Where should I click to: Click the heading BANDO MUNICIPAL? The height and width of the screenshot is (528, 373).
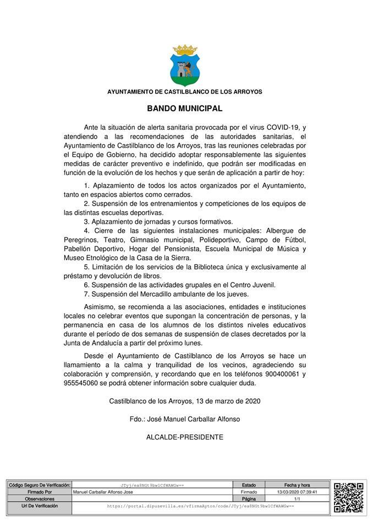[185, 109]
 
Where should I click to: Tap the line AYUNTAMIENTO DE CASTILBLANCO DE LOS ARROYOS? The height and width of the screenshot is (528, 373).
[185, 91]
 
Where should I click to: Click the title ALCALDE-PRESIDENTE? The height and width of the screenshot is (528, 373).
[185, 437]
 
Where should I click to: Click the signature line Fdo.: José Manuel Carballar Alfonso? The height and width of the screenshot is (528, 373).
[185, 419]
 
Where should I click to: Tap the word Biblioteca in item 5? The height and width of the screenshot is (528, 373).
[212, 267]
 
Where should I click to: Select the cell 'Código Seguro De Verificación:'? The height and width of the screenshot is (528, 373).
[39, 485]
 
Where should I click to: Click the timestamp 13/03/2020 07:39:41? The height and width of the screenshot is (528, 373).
[297, 492]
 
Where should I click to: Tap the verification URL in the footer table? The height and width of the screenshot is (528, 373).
[200, 505]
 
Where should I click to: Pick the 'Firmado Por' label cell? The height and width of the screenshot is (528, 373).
[39, 492]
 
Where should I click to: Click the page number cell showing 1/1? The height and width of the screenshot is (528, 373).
[297, 498]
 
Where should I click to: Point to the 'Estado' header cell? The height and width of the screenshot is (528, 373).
[249, 485]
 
